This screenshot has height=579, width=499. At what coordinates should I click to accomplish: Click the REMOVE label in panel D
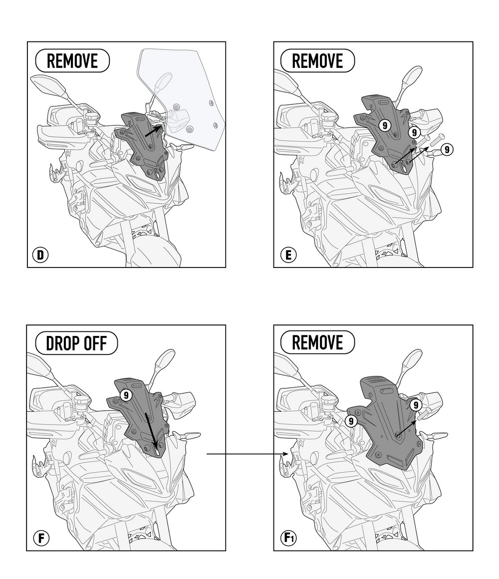(72, 60)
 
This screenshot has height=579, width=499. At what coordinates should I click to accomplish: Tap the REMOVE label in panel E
(317, 60)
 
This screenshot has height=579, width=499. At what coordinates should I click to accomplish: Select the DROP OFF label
(76, 343)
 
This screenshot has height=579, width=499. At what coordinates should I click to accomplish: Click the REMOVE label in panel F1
(317, 342)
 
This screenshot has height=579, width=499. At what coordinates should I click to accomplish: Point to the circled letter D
(40, 255)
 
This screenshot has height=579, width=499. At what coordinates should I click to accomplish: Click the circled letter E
(288, 255)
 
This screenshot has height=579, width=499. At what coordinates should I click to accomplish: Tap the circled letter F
(41, 538)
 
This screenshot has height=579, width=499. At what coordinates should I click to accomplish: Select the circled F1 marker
(288, 538)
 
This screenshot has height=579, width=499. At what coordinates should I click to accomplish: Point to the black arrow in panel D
(153, 131)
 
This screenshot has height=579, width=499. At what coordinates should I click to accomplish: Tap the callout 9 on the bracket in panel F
(126, 395)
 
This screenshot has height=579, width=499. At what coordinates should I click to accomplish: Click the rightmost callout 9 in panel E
(447, 150)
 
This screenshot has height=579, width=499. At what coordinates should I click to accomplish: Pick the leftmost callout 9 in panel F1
(351, 421)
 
